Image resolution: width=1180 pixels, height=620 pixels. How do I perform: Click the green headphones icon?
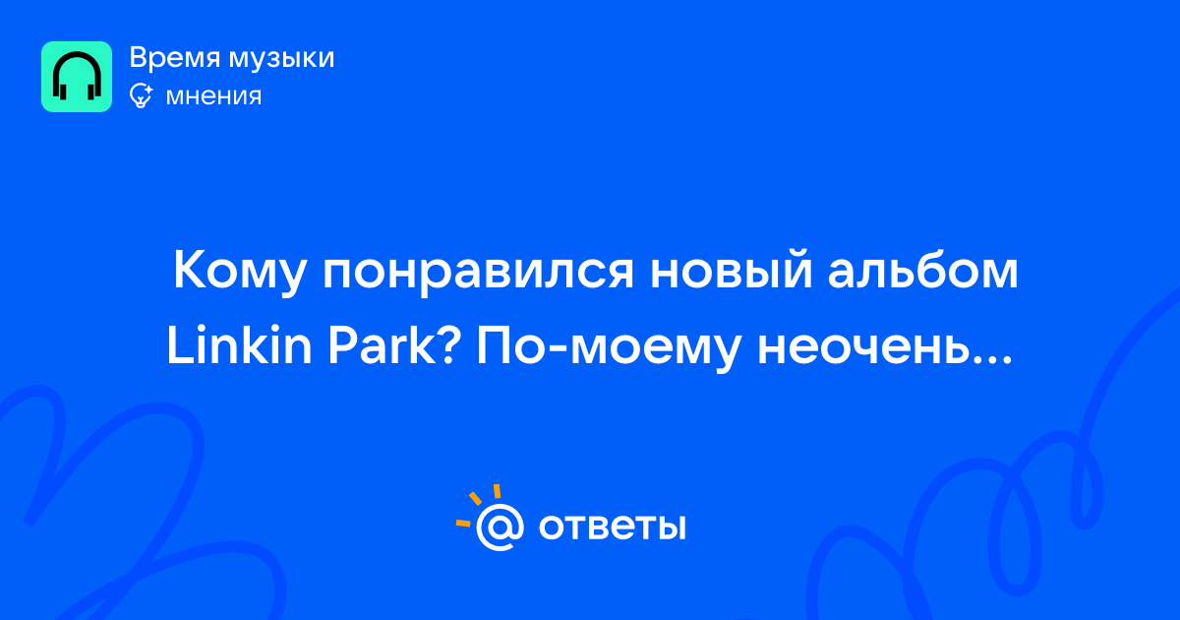77,77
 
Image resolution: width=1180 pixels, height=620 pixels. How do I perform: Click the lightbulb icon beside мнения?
142,96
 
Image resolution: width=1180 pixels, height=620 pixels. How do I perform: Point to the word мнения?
213,96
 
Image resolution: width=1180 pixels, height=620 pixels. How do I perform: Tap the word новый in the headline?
732,269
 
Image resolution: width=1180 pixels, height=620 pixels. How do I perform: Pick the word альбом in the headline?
923,270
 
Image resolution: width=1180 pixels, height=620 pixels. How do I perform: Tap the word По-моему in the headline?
609,348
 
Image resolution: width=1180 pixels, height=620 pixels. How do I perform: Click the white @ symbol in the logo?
499,527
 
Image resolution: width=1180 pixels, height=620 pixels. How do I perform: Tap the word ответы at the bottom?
612,527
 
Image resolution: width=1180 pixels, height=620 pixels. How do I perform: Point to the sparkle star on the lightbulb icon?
148,90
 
